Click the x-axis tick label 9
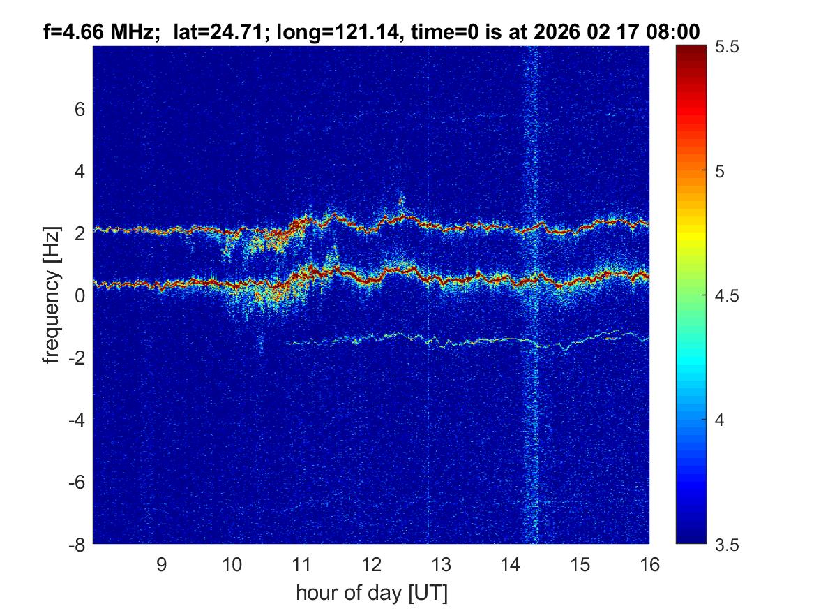pyautogui.click(x=161, y=564)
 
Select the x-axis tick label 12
pyautogui.click(x=370, y=564)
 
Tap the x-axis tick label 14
pyautogui.click(x=510, y=564)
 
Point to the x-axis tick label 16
pyautogui.click(x=649, y=564)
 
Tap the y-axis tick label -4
pyautogui.click(x=76, y=420)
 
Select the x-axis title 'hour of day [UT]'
pyautogui.click(x=371, y=594)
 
